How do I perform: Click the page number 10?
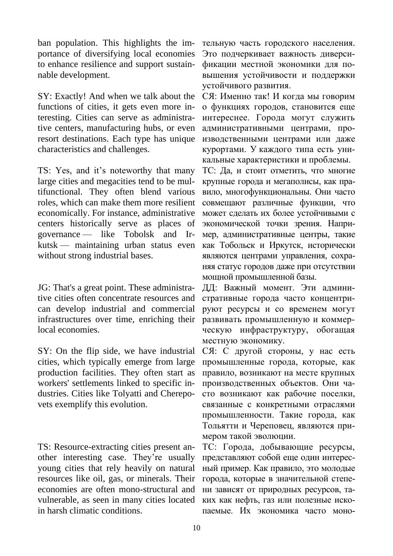pos(196,528)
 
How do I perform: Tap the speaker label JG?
pos(44,288)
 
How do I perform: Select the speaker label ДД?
pos(210,288)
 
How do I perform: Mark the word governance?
pos(59,234)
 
